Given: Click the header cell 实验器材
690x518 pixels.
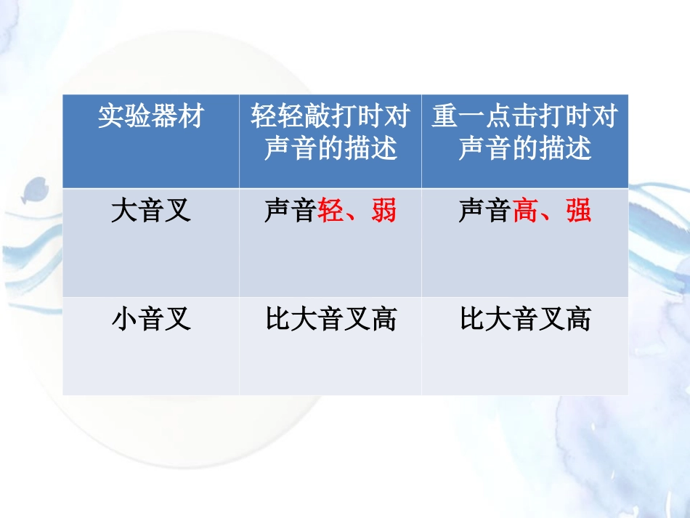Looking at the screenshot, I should coord(150,117).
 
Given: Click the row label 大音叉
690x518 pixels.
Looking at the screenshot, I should coord(150,211).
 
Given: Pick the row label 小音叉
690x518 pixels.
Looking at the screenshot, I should coord(150,320).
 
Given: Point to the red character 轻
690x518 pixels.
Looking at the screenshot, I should coord(331,211).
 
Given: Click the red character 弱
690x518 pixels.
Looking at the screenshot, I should coord(383,211).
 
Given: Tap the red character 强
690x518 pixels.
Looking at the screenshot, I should coord(578,211).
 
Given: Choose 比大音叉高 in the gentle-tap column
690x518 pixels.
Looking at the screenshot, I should coord(330,320).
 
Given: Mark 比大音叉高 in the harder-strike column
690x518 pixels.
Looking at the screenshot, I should coord(524,320).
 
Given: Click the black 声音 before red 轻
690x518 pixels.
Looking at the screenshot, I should coord(291,211).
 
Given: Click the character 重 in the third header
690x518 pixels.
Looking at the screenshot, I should coord(445,117).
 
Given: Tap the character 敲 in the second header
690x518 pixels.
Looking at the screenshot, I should coord(317,117).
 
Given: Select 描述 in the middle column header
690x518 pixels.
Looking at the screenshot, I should coord(370,148).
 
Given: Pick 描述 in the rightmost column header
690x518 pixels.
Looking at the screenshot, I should coord(564,148).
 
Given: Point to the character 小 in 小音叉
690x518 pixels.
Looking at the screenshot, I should coord(124,320).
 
